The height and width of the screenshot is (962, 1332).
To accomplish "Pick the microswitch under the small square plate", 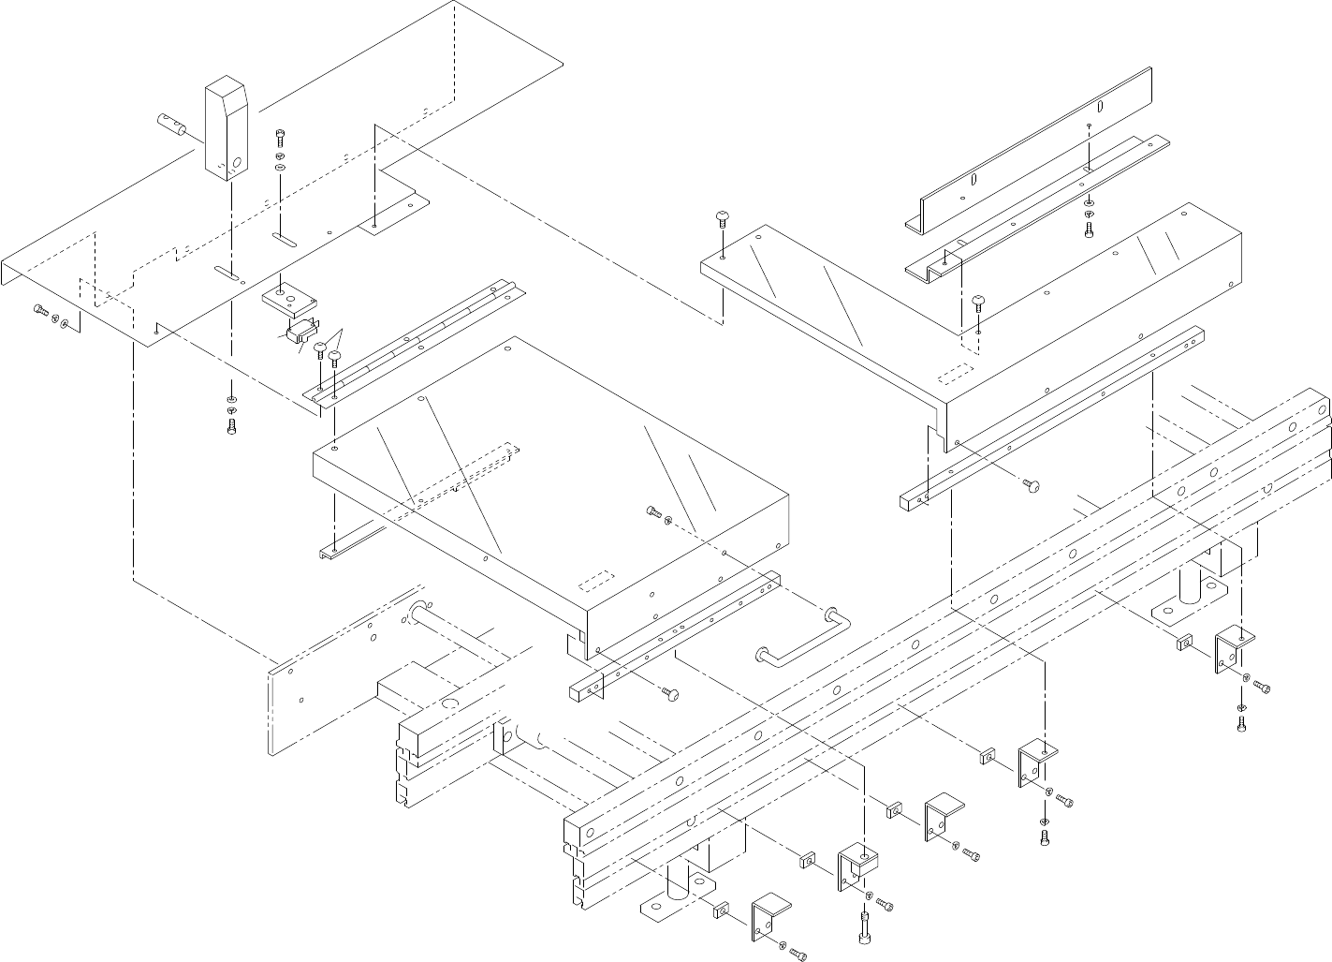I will tap(299, 333).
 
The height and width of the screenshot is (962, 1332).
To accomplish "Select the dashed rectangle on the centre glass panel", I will tap(595, 581).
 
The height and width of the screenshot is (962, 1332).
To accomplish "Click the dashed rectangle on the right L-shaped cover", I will tap(958, 372).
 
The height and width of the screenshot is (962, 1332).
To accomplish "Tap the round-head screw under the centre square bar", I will tap(670, 693).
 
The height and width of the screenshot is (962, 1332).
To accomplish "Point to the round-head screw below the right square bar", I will tap(1032, 485).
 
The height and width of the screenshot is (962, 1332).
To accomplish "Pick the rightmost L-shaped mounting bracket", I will tap(1233, 651).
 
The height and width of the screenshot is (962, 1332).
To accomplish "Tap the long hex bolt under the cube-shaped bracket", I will tap(861, 928).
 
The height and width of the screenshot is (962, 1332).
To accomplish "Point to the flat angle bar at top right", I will tap(1030, 150).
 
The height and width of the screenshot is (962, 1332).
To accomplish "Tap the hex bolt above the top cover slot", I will tap(280, 136).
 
